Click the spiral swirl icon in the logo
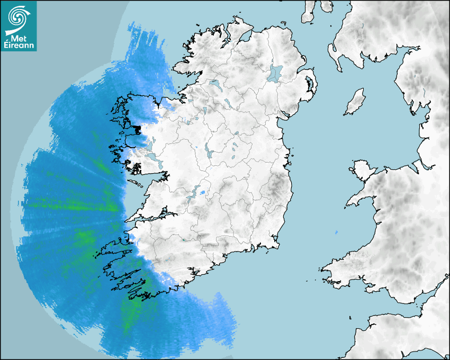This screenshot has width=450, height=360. click(18, 18)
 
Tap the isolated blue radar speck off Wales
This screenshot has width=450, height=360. click(337, 232)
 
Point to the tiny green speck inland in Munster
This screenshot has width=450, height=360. click(183, 240)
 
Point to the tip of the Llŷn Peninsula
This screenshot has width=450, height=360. click(348, 204)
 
